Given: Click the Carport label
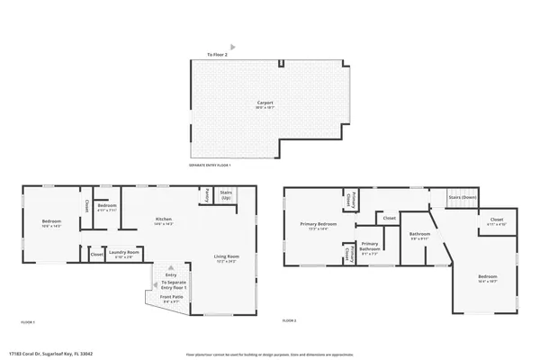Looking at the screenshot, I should [x=265, y=103].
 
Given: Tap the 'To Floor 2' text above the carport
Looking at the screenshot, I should [x=219, y=55].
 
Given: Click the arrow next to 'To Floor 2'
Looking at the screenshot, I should [x=233, y=46].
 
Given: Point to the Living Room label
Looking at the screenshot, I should [x=225, y=259].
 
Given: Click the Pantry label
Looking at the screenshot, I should [x=206, y=193].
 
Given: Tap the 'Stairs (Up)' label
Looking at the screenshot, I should [x=226, y=194].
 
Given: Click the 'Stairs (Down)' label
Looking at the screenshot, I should [x=463, y=196].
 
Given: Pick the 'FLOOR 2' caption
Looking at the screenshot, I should [x=289, y=320].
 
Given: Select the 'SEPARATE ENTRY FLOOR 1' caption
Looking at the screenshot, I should [x=210, y=166].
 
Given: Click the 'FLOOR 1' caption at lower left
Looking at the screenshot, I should [x=27, y=321].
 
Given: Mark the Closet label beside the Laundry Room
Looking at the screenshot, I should [x=96, y=256].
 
